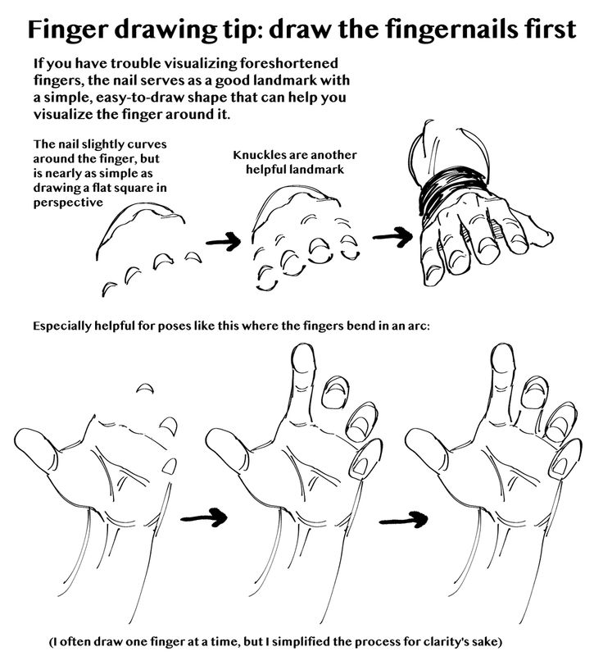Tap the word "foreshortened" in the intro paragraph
(x=288, y=64)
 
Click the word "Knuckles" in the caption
(x=259, y=155)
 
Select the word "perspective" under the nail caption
(x=68, y=203)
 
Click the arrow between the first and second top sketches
(x=224, y=241)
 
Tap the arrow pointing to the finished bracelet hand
(x=392, y=237)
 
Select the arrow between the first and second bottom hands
(x=204, y=518)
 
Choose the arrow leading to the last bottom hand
(x=404, y=521)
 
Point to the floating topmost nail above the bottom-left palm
(x=145, y=388)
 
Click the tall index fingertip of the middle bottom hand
(x=303, y=359)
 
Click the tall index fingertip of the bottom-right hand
(x=503, y=359)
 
